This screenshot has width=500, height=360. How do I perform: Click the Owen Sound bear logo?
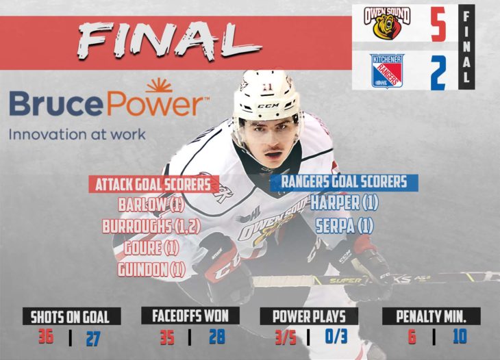[x=387, y=23]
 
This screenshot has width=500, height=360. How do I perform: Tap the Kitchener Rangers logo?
[x=387, y=70]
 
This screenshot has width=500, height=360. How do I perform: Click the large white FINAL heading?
[x=169, y=41]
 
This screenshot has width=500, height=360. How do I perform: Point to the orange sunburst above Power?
[x=159, y=84]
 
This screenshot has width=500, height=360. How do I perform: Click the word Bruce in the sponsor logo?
[x=55, y=103]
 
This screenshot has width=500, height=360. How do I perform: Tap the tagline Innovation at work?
[x=77, y=134]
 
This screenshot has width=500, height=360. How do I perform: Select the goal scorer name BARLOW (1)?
[x=151, y=205]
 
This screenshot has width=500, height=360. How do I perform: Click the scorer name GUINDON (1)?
[x=151, y=270]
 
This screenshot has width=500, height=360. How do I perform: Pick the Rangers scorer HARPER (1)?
[x=345, y=203]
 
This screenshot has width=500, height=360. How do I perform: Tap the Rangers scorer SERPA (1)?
[x=345, y=226]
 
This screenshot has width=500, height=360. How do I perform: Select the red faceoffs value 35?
[x=167, y=337]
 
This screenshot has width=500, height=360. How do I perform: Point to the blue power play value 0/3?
[x=336, y=337]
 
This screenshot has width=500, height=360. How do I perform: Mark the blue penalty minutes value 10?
[x=460, y=336]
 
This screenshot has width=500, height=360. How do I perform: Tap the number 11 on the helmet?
[x=265, y=87]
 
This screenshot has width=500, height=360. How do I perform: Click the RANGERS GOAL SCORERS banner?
[x=344, y=183]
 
